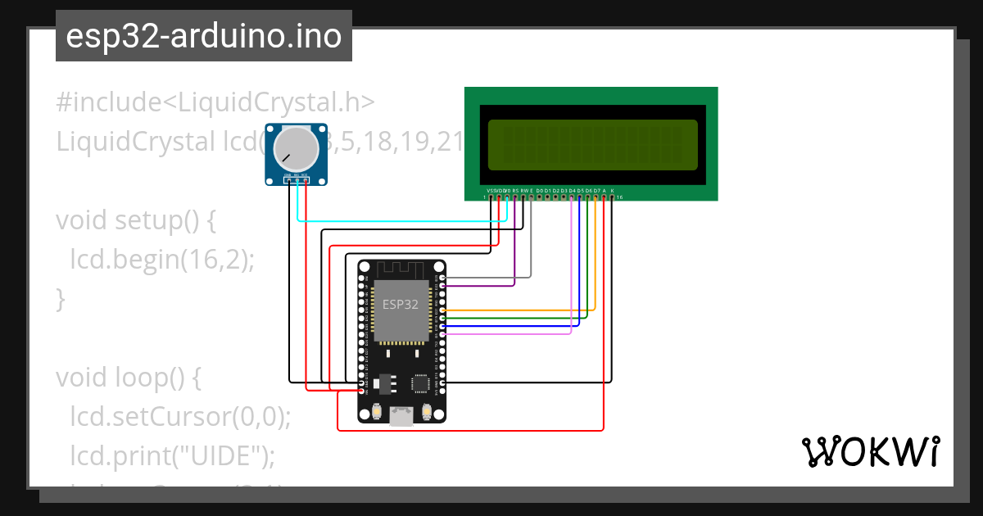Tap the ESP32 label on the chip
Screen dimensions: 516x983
401,303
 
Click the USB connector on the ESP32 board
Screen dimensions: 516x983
401,416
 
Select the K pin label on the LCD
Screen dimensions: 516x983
612,190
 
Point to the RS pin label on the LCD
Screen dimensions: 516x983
514,190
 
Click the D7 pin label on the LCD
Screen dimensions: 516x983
596,190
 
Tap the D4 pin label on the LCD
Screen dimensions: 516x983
572,190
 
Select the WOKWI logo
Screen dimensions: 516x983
870,451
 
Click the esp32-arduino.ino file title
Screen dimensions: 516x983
204,36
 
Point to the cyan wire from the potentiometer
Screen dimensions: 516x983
401,221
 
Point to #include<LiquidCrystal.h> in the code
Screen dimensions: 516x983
215,102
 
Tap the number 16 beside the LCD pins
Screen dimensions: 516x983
619,197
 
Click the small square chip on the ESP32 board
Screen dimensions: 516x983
421,383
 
